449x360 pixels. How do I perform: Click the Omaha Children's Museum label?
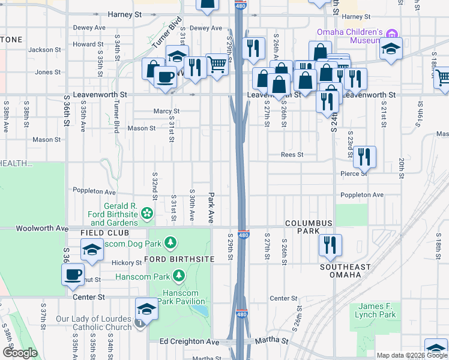click(x=350, y=37)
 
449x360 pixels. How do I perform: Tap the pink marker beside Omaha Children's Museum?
click(x=392, y=32)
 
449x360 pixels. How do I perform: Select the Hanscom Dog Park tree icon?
click(x=171, y=242)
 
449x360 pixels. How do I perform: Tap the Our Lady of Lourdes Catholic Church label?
click(x=94, y=323)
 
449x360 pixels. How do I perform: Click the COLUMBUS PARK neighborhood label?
click(x=309, y=227)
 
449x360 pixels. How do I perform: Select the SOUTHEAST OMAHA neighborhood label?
click(x=340, y=271)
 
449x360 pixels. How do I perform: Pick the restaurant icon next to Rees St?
click(x=364, y=157)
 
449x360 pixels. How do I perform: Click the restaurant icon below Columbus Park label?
click(x=330, y=245)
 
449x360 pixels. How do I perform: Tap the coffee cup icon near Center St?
click(x=73, y=275)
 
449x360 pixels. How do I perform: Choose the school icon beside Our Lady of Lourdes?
click(x=146, y=309)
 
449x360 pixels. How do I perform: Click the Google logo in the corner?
click(x=19, y=353)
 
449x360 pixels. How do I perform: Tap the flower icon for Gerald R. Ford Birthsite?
click(x=146, y=214)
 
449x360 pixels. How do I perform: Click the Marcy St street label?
click(x=166, y=111)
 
